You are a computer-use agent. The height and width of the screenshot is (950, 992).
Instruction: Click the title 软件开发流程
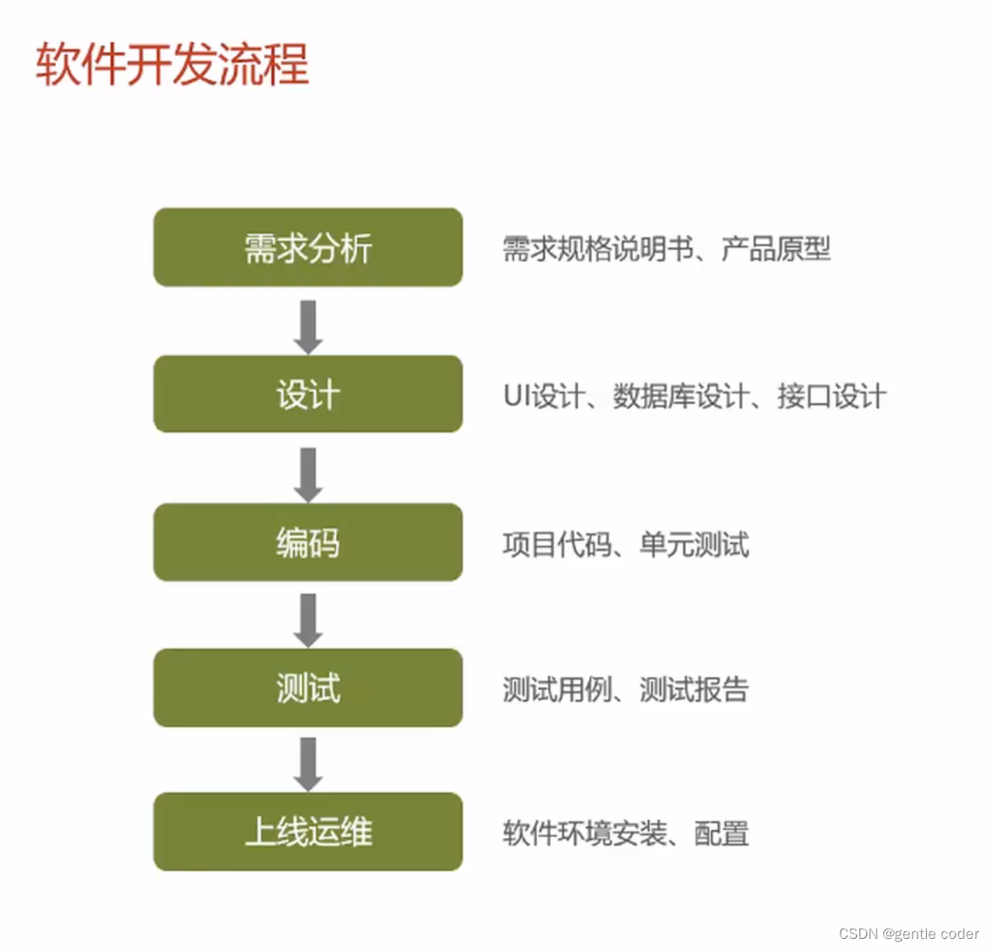[x=172, y=64]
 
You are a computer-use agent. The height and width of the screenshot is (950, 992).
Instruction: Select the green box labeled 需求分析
[x=308, y=248]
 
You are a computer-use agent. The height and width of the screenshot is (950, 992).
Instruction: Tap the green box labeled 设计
[x=308, y=395]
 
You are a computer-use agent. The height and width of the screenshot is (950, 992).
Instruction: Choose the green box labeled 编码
[x=308, y=543]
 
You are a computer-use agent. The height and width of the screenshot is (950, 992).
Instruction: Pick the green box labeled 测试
[x=308, y=688]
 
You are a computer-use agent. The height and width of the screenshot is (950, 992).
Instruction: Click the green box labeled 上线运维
[x=308, y=832]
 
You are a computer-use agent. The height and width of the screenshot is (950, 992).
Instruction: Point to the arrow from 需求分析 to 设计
[x=308, y=326]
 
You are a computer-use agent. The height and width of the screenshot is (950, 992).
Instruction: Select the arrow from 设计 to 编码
[x=308, y=473]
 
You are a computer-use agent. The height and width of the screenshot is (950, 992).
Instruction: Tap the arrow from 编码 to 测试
[x=308, y=620]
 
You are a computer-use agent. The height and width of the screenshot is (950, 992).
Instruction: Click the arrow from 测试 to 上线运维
[x=308, y=763]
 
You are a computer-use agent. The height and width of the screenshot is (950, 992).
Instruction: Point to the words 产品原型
[x=776, y=249]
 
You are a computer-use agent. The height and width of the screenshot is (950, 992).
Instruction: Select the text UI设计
[x=543, y=396]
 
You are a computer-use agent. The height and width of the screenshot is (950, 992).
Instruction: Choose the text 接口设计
[x=831, y=396]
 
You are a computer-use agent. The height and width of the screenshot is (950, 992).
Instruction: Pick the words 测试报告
[x=694, y=689]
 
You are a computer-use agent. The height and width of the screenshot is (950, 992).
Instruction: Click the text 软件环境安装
[x=584, y=833]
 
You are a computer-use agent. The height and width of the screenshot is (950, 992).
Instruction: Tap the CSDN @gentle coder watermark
[x=908, y=934]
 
